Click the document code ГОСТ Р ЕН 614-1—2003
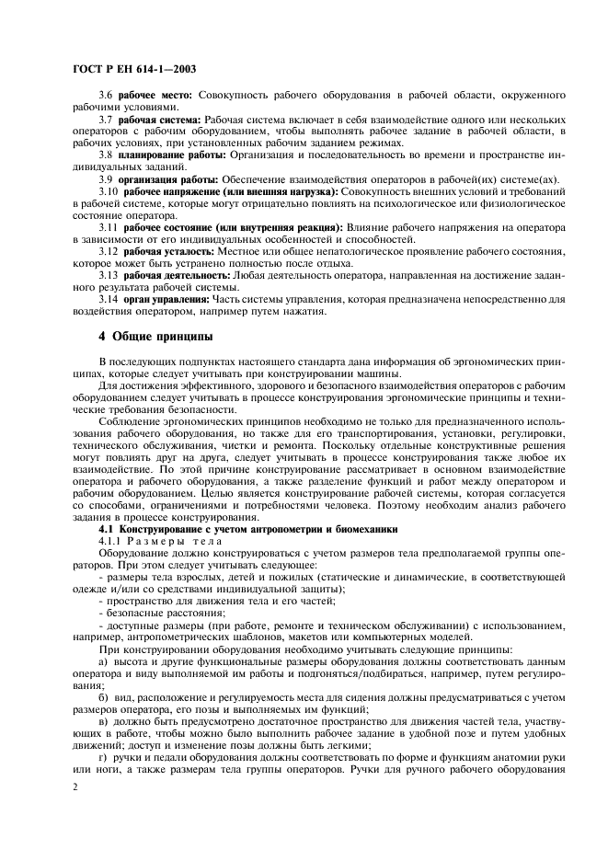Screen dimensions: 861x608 click(133, 68)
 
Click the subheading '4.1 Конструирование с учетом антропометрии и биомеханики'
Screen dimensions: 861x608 click(247, 529)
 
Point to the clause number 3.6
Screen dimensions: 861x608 click(105, 96)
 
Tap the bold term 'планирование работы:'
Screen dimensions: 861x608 click(171, 155)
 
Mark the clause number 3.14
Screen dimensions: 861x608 click(109, 299)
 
